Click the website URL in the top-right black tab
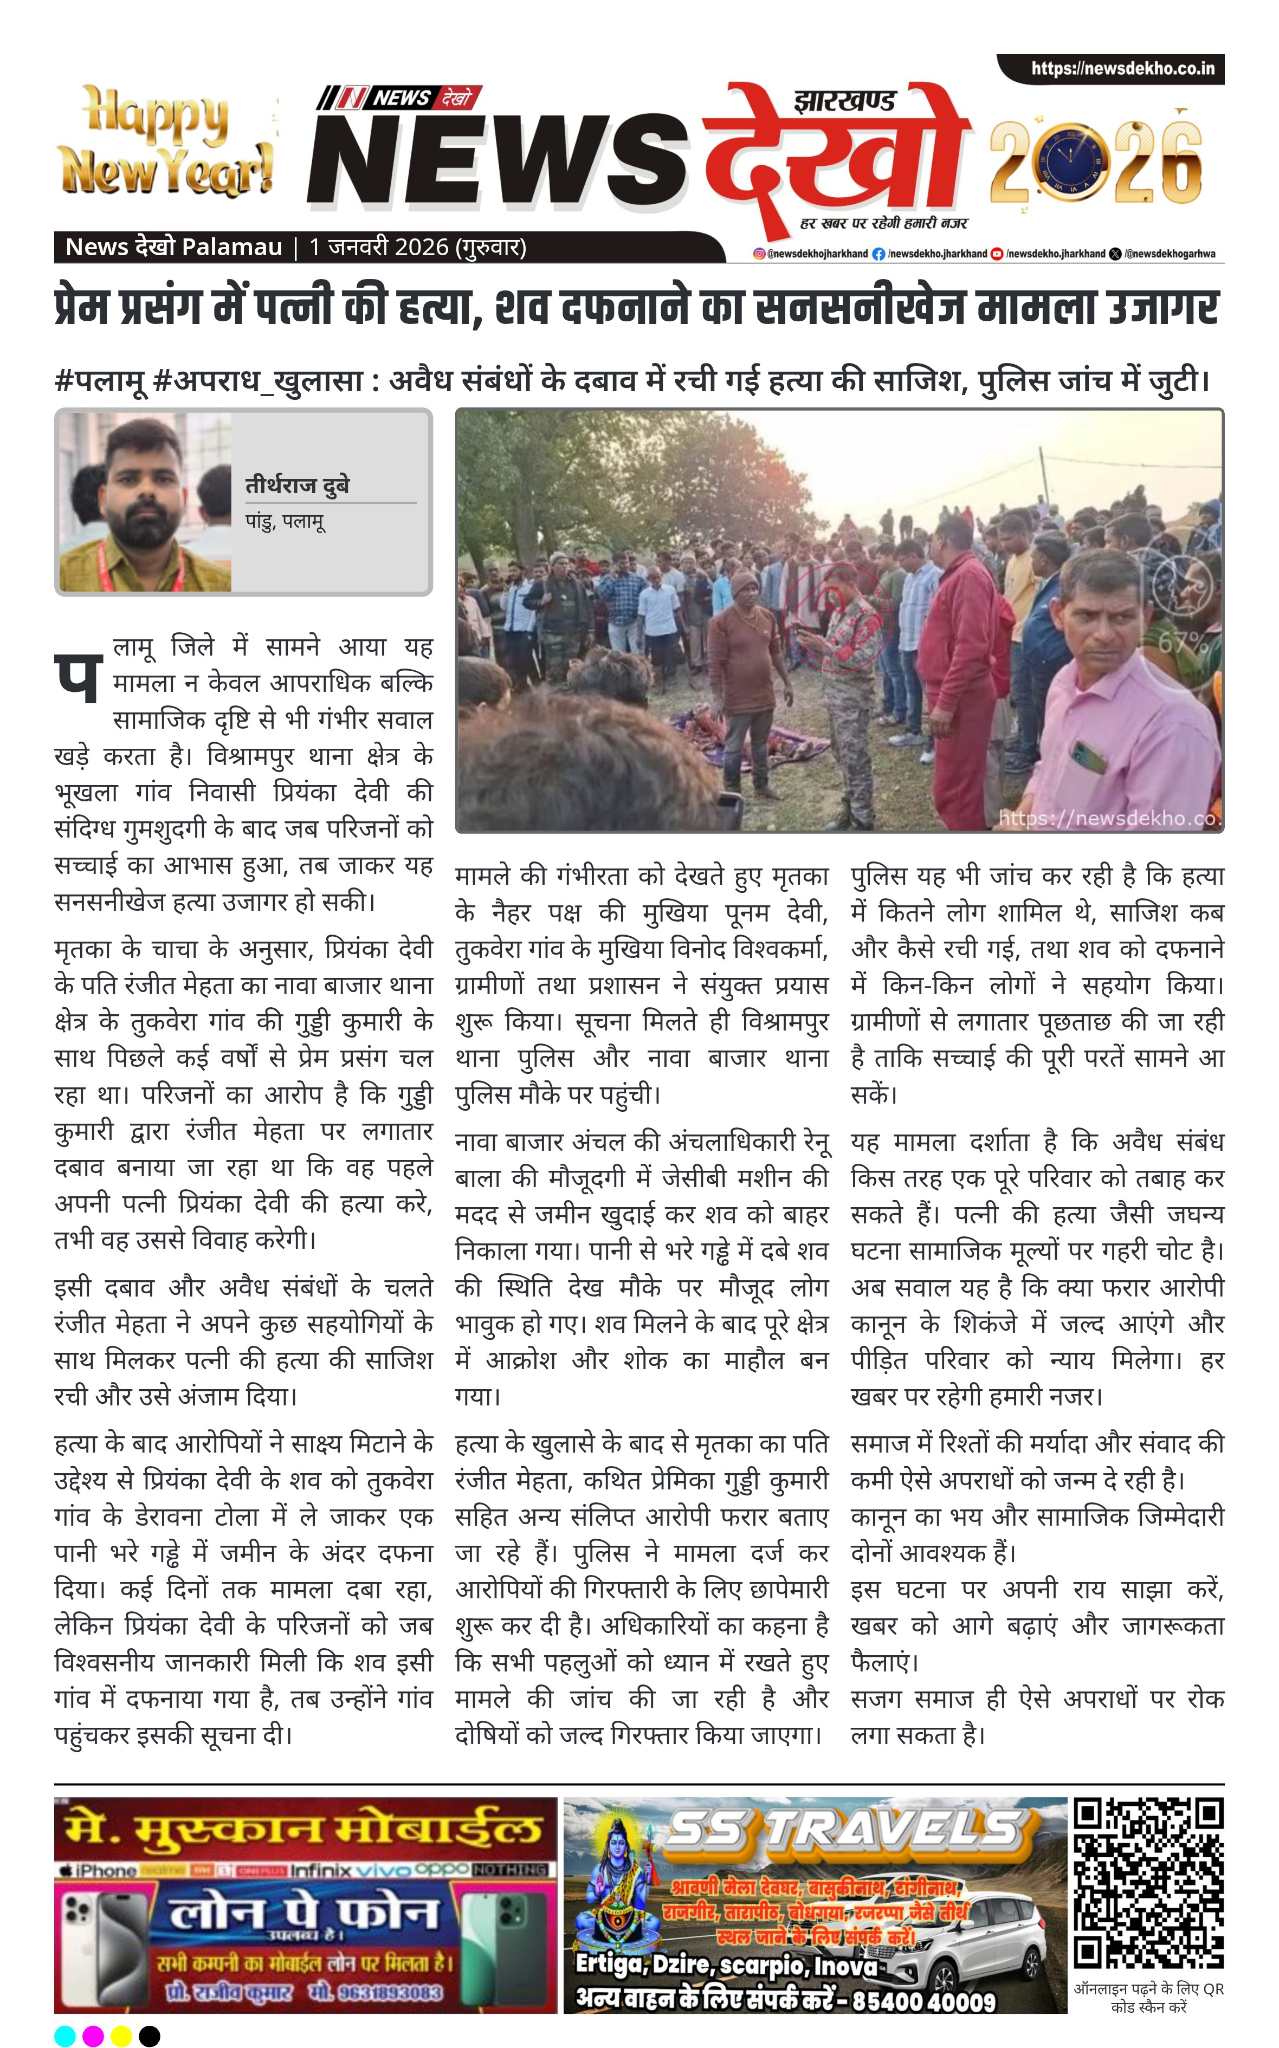[1122, 68]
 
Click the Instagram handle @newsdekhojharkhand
[810, 254]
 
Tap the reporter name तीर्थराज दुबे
[297, 485]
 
